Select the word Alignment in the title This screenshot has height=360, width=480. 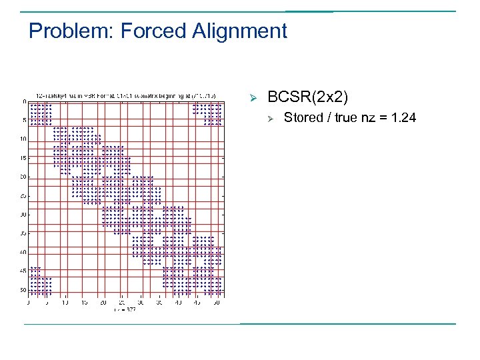tap(239, 31)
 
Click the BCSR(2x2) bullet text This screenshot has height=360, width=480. tap(307, 97)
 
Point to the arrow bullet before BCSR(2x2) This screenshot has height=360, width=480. tap(253, 98)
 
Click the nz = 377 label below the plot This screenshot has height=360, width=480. tap(124, 309)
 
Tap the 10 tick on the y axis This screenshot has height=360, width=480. tap(23, 139)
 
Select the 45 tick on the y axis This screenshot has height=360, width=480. tap(23, 271)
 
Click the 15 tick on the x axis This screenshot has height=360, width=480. tap(85, 302)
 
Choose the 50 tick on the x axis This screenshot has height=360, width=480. tap(217, 302)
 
